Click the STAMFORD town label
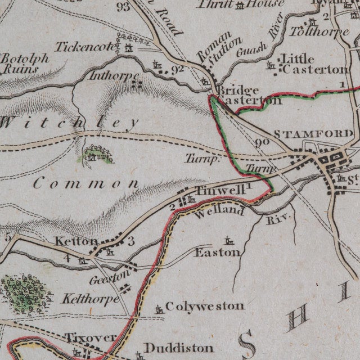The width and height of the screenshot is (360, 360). (x=313, y=134)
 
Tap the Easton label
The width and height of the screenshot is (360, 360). (x=217, y=253)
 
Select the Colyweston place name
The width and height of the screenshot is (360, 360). (x=205, y=307)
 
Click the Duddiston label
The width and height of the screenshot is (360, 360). (x=178, y=348)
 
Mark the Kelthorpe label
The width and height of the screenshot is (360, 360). (x=91, y=298)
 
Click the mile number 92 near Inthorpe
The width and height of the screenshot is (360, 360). (x=178, y=69)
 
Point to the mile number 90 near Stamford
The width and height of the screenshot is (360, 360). (x=262, y=142)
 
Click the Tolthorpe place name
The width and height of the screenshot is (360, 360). (x=313, y=30)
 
